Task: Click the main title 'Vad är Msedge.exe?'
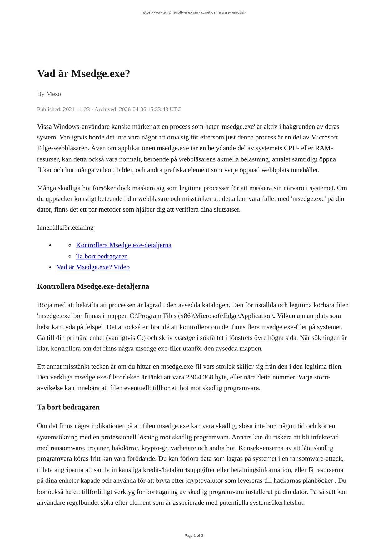(x=83, y=74)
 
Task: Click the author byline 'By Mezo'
(x=49, y=94)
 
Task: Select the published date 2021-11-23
(x=76, y=109)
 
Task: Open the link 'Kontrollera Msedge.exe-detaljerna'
(x=124, y=245)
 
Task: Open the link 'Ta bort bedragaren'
(x=102, y=256)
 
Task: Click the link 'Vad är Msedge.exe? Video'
(x=93, y=267)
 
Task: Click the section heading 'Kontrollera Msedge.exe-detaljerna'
(x=93, y=286)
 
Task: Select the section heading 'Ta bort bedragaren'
(x=68, y=407)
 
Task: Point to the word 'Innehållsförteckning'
(x=65, y=227)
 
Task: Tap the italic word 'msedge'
(x=184, y=338)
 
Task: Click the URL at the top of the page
(x=194, y=12)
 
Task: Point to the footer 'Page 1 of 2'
(x=194, y=536)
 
